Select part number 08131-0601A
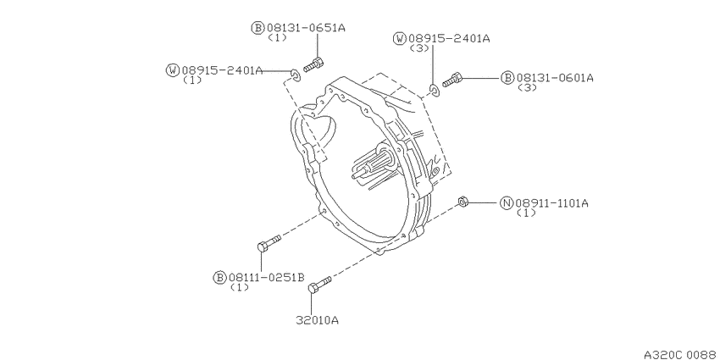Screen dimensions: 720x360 click(x=555, y=78)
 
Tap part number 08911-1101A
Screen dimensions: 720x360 click(x=551, y=203)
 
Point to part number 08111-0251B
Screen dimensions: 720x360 click(x=266, y=277)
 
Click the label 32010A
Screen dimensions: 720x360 click(x=318, y=320)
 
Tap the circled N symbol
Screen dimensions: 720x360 click(x=507, y=203)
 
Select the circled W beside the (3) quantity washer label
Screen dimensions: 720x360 click(x=400, y=39)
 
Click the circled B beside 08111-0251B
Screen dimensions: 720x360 click(x=220, y=277)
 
